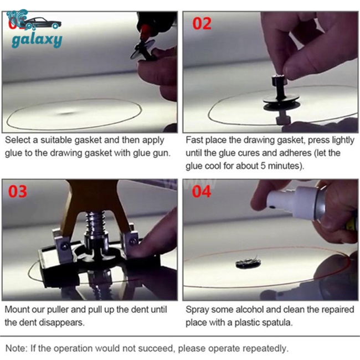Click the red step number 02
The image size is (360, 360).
[202, 23]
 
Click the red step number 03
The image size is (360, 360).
[18, 192]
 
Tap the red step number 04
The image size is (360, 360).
[202, 192]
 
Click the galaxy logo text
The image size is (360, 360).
[37, 40]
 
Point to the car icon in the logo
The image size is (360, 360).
[41, 23]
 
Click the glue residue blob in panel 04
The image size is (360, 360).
[248, 263]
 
